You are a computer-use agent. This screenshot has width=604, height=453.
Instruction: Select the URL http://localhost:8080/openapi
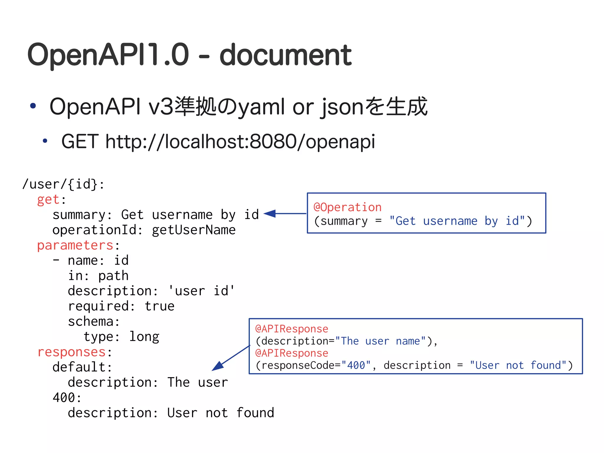point(240,142)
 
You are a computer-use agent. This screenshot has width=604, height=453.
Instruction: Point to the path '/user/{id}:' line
point(63,184)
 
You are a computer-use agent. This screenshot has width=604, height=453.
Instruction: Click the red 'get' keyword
point(48,200)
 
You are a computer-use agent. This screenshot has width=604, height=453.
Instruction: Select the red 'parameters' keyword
point(75,245)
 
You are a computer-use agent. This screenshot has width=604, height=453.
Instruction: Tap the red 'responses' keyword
point(71,352)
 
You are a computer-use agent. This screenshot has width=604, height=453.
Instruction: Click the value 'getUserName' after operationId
point(194,230)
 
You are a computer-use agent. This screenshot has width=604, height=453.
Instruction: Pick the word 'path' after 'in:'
point(113,276)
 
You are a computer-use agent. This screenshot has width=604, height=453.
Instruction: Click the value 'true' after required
point(160,306)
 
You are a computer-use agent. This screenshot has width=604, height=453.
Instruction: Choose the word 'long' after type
point(144,337)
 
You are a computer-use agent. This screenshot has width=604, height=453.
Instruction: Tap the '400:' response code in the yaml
point(67,398)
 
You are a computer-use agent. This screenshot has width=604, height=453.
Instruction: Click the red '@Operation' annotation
point(347,207)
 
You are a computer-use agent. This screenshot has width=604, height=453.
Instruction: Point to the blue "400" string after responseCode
point(356,365)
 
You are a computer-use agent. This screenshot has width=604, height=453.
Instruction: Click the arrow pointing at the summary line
point(285,214)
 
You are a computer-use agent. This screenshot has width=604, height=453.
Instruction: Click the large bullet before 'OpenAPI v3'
point(33,106)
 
